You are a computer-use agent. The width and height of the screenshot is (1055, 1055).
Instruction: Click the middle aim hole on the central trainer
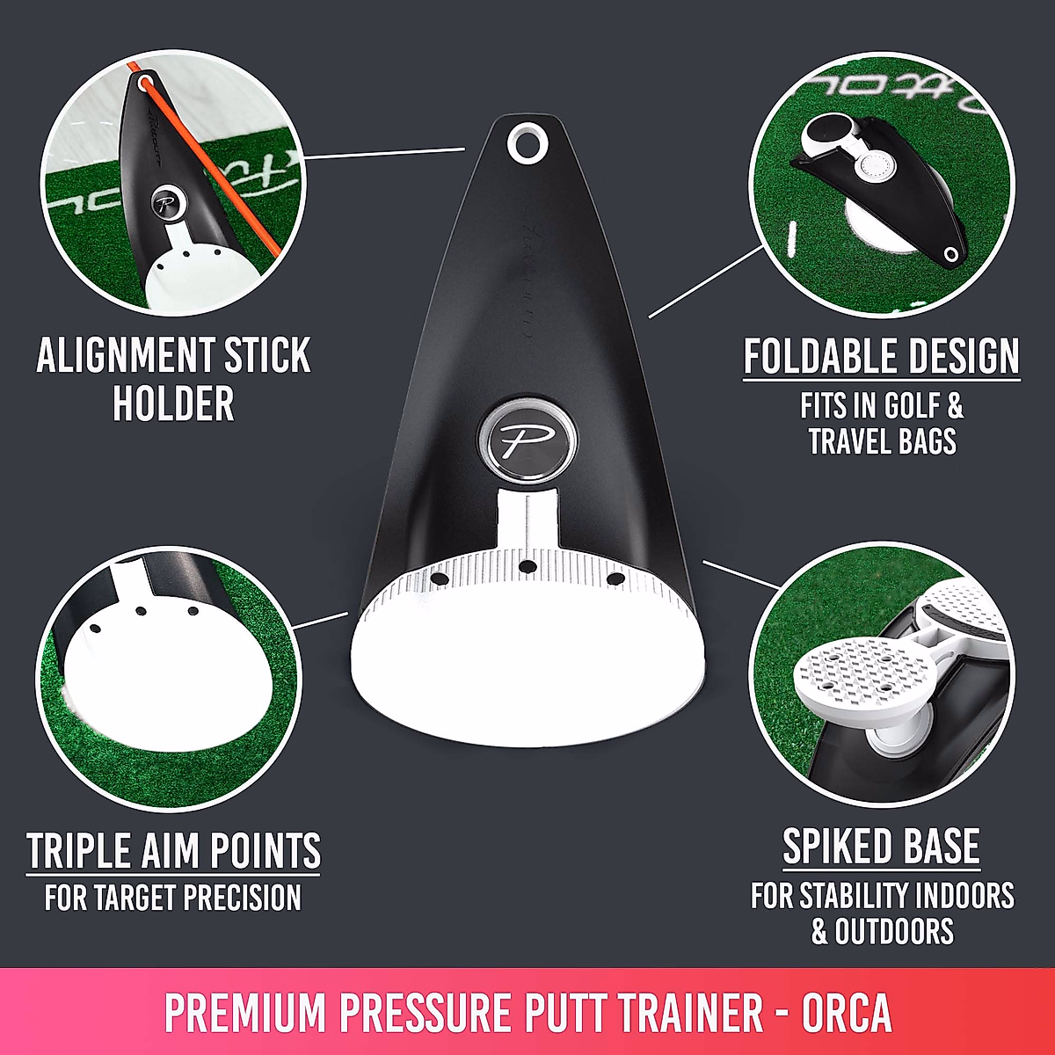tap(527, 567)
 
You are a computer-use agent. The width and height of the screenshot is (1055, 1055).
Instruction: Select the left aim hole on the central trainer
tap(439, 578)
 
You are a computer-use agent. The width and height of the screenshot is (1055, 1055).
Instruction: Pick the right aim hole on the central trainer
tap(616, 578)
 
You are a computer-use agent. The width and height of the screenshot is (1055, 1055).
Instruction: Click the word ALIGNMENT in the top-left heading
tap(126, 355)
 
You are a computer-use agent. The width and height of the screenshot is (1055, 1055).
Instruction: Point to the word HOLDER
tap(173, 404)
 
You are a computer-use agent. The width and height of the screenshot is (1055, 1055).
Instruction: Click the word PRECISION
tap(242, 898)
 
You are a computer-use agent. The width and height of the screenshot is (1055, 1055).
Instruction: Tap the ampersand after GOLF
tap(954, 405)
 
